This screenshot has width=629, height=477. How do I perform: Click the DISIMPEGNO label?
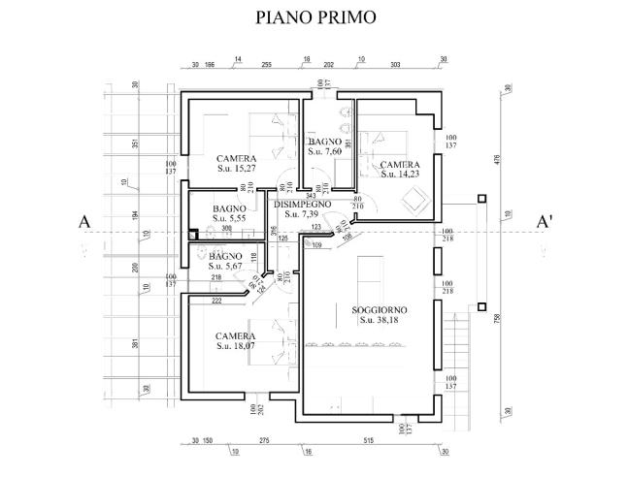pos(303,205)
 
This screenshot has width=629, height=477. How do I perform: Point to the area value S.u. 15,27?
pos(236,169)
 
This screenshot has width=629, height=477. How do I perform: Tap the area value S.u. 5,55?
pos(229,220)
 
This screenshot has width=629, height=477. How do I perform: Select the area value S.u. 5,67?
pos(229,267)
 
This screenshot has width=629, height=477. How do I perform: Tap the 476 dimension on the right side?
pos(495,160)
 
